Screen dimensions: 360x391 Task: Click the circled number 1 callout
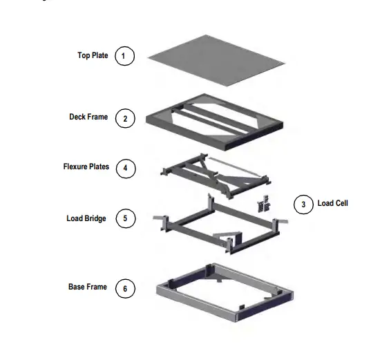pos(124,56)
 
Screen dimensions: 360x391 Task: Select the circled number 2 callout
pos(124,118)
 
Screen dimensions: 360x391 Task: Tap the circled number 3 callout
pos(303,204)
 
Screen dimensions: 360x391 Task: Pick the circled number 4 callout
pos(125,167)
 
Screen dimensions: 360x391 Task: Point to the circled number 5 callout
pos(125,219)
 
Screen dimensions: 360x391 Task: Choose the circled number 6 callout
pos(125,287)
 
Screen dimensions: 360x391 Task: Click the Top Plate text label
pos(92,55)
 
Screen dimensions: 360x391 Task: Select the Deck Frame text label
pos(88,117)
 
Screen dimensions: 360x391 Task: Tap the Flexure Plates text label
pos(86,167)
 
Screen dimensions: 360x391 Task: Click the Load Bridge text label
pos(86,218)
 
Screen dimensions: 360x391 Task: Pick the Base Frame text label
pos(87,287)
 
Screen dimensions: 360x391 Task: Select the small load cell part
pos(263,204)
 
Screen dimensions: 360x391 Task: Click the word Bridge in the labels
pos(96,218)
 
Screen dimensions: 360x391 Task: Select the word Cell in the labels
pos(343,203)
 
